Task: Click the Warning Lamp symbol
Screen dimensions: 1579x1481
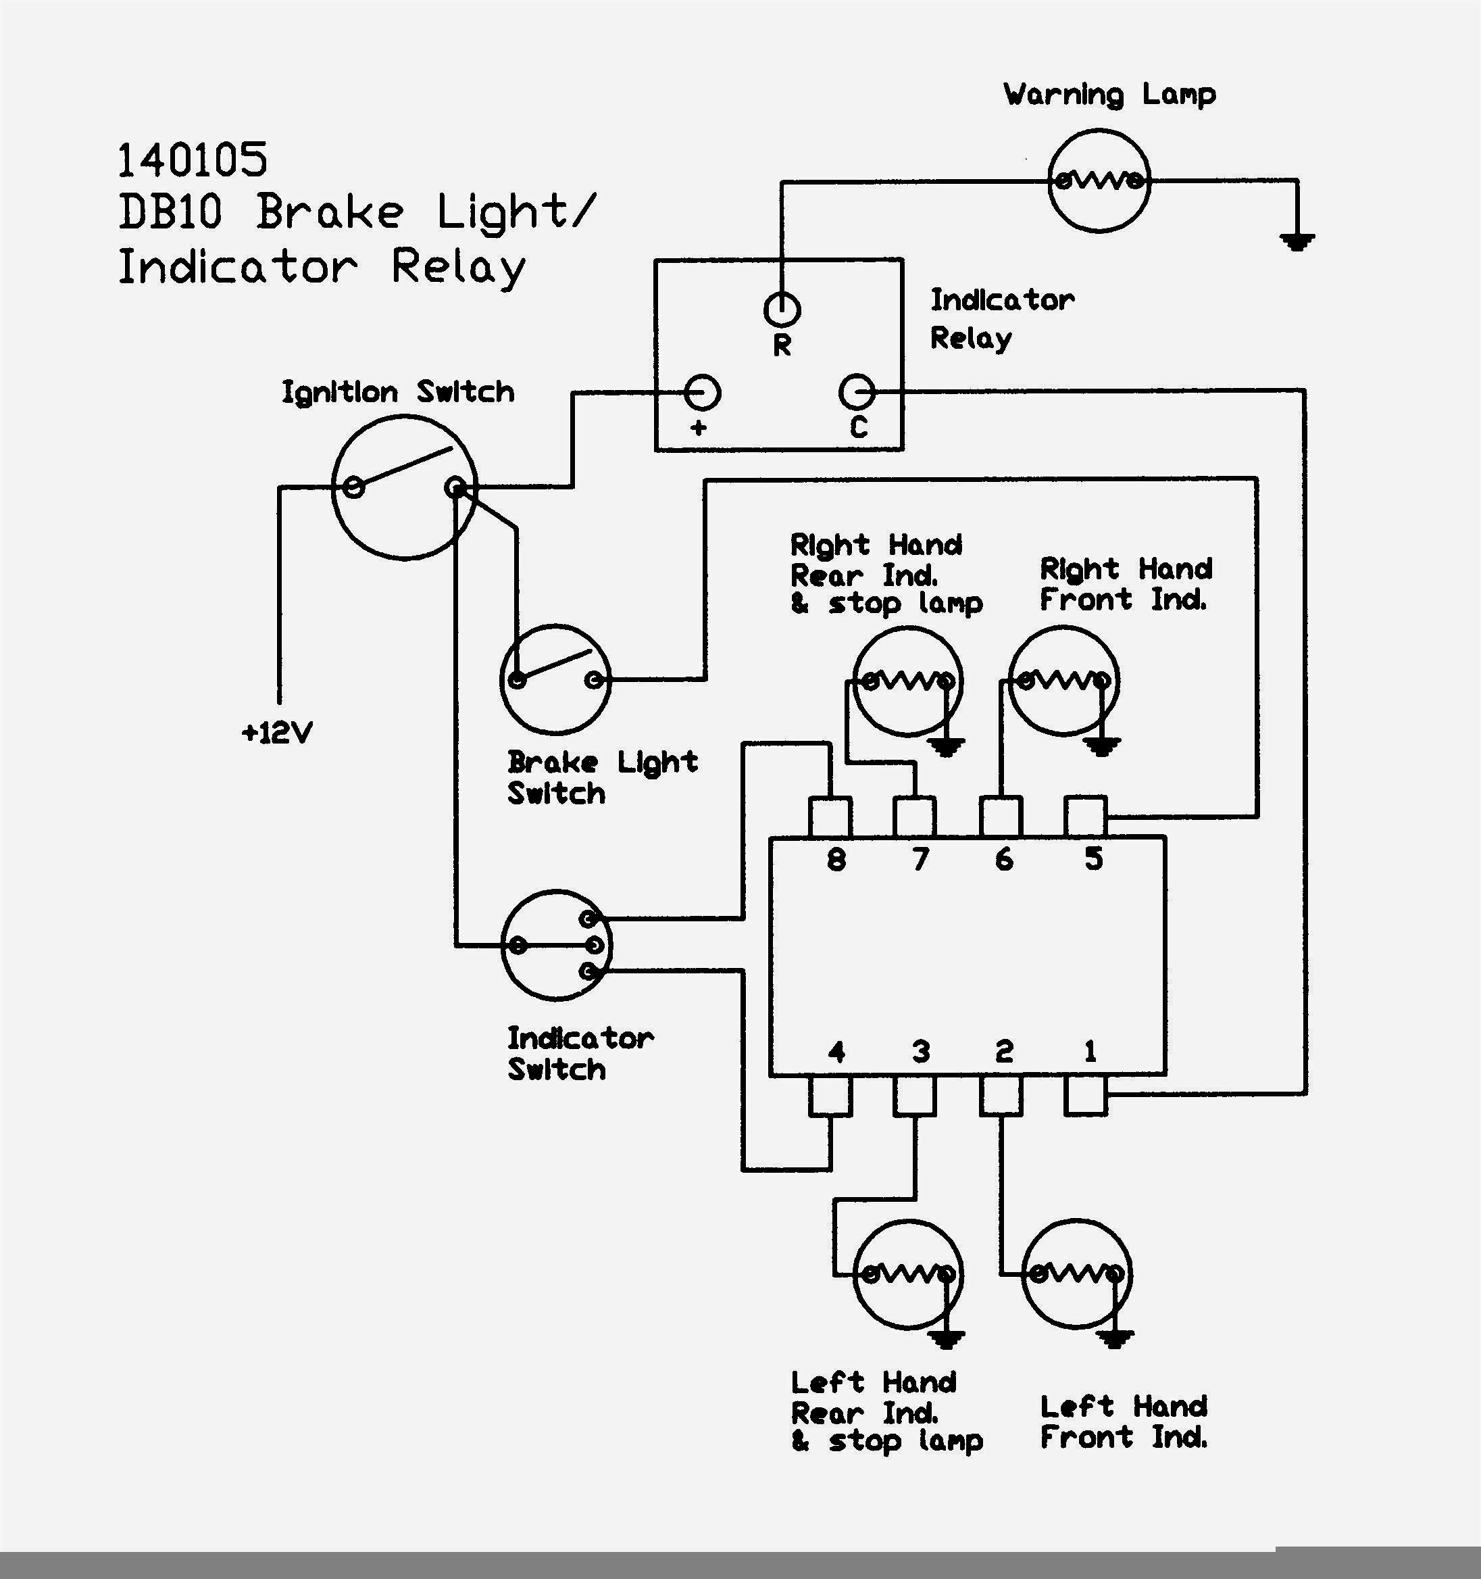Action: coord(1099,180)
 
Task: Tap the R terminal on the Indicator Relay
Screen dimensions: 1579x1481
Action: coord(782,309)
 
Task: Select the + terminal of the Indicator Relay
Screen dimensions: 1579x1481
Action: coord(702,392)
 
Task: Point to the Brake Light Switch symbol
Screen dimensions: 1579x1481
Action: coord(556,680)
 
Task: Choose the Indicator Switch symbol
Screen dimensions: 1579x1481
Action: coord(557,945)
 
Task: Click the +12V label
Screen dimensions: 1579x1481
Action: coord(277,732)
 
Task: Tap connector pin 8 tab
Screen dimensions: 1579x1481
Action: coord(830,817)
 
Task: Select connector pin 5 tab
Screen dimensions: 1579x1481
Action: coord(1085,817)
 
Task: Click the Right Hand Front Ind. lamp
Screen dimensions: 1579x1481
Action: coord(1064,681)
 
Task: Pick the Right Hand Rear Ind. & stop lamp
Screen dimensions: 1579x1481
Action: coord(907,681)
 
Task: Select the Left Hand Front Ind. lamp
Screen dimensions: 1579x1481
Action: coord(1077,1275)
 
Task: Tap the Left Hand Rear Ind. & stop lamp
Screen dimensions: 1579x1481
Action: coord(907,1275)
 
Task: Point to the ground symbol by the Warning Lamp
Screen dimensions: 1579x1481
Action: coord(1297,240)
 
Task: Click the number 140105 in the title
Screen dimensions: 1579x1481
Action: coord(193,160)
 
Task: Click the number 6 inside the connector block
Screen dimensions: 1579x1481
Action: coord(1004,859)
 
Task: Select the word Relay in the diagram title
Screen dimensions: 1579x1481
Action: coord(458,268)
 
